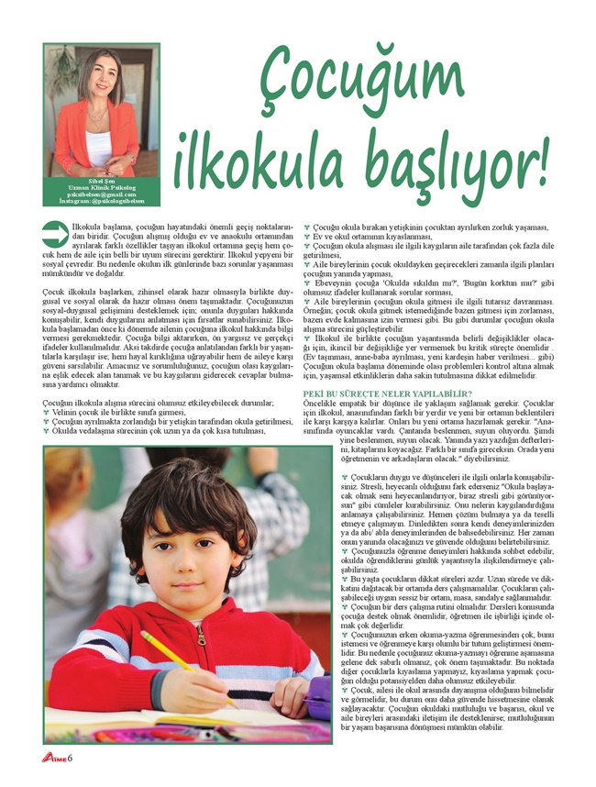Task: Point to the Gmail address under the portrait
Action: coord(101,193)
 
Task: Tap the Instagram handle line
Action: coord(101,199)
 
